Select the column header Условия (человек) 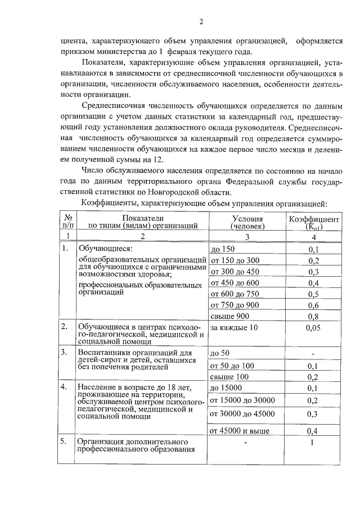point(247,222)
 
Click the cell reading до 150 point(222,250)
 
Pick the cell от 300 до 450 point(234,272)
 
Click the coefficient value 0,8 point(313,316)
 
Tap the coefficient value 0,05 point(313,327)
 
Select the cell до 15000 point(225,388)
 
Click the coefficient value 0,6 point(313,305)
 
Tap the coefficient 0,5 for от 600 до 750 point(313,294)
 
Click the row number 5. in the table point(65,442)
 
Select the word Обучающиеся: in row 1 point(105,249)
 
